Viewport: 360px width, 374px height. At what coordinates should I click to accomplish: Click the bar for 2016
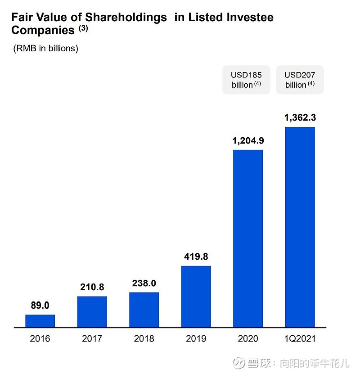tap(40, 321)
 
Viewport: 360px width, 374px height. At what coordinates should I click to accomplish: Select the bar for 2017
tap(92, 311)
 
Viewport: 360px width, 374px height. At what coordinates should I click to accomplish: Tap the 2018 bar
tap(144, 310)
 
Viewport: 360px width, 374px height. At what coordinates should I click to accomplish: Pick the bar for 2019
tap(196, 296)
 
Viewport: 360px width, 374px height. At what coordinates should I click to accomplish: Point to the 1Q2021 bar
tap(300, 227)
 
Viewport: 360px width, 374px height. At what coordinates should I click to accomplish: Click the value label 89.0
tap(40, 306)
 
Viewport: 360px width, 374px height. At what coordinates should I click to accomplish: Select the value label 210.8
tap(92, 287)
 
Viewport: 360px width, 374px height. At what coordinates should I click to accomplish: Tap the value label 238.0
tap(144, 284)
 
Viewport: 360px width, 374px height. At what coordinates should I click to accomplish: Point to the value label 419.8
tap(196, 257)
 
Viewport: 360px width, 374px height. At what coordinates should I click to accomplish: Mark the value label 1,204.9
tap(248, 141)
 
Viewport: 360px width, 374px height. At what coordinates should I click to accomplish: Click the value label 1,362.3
tap(300, 118)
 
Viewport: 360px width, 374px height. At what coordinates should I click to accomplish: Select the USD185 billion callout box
tap(246, 80)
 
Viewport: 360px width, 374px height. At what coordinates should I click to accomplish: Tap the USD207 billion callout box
tap(300, 80)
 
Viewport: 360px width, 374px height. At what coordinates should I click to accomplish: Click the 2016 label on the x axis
tap(40, 339)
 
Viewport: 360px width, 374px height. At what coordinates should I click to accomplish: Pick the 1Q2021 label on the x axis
tap(300, 339)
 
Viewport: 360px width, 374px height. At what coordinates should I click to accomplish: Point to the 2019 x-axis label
tap(196, 339)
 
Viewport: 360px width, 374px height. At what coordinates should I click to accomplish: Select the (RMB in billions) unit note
tap(45, 48)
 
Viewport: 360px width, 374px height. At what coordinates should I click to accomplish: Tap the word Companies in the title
tap(43, 31)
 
